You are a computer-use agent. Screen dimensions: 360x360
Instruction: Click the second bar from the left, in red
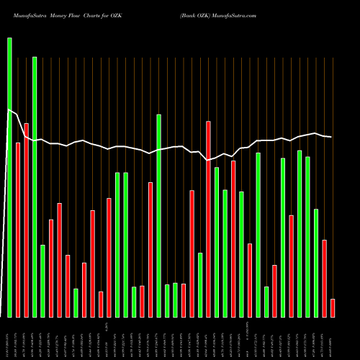(x=18, y=230)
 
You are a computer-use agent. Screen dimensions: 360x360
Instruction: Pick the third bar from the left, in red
(x=27, y=220)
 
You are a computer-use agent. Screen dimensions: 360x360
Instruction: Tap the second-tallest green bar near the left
(x=35, y=186)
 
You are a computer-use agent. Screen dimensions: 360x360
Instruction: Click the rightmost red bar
(x=333, y=308)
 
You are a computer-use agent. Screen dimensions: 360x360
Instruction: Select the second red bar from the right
(x=324, y=278)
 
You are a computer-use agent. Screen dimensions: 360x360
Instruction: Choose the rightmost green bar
(x=316, y=263)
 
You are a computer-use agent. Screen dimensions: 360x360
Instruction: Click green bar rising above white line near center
(x=158, y=215)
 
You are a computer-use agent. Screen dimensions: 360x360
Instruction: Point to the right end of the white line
(x=331, y=137)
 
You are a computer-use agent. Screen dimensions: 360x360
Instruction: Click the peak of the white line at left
(x=9, y=109)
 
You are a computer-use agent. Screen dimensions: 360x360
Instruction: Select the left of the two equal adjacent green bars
(x=117, y=245)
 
